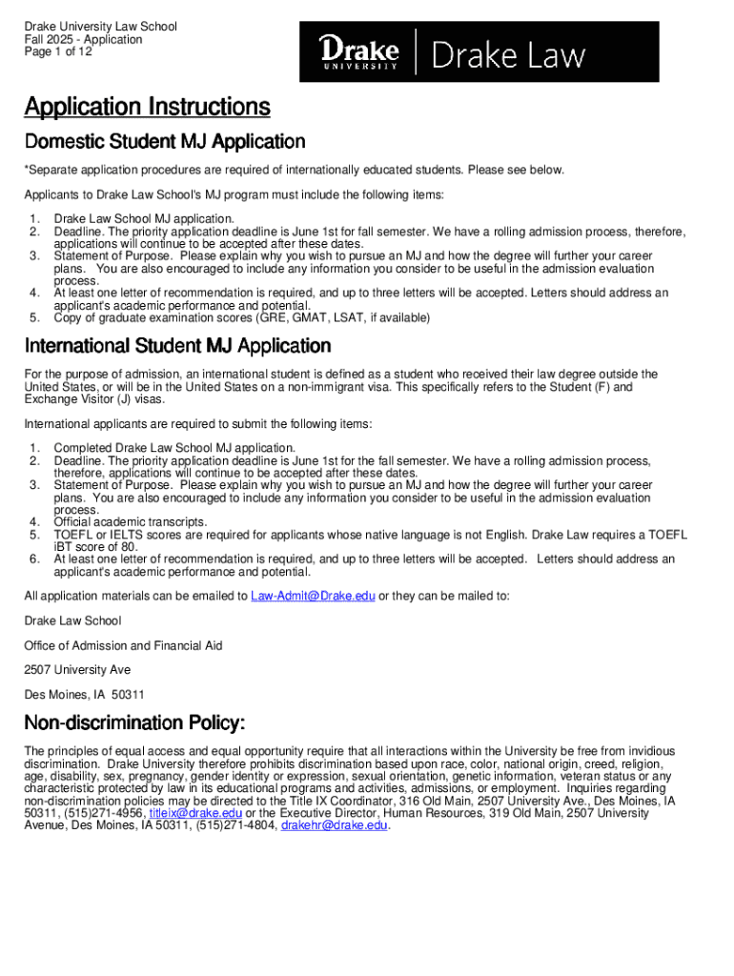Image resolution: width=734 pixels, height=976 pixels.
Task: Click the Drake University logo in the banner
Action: [x=357, y=52]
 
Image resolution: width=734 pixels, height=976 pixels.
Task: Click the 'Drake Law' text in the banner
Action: [x=508, y=55]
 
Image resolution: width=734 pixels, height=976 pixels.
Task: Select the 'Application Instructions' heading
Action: [x=147, y=107]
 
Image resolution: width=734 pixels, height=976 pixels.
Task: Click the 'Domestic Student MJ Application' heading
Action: [x=164, y=142]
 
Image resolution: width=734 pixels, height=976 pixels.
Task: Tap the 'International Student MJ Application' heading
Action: [x=177, y=345]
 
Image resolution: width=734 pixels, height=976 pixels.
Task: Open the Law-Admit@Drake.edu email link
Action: [x=313, y=596]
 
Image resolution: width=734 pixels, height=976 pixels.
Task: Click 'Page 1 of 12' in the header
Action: [x=58, y=52]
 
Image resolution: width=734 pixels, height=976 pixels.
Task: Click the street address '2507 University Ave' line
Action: [x=77, y=670]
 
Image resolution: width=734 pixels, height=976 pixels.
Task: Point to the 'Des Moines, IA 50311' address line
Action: [x=84, y=695]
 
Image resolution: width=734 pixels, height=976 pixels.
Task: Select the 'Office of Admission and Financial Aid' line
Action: [x=123, y=645]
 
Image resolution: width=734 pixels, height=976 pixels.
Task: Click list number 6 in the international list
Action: [x=34, y=559]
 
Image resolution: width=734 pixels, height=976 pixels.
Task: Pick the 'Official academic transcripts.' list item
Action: [x=130, y=522]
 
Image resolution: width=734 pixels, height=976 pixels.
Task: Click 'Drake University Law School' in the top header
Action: [x=100, y=27]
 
